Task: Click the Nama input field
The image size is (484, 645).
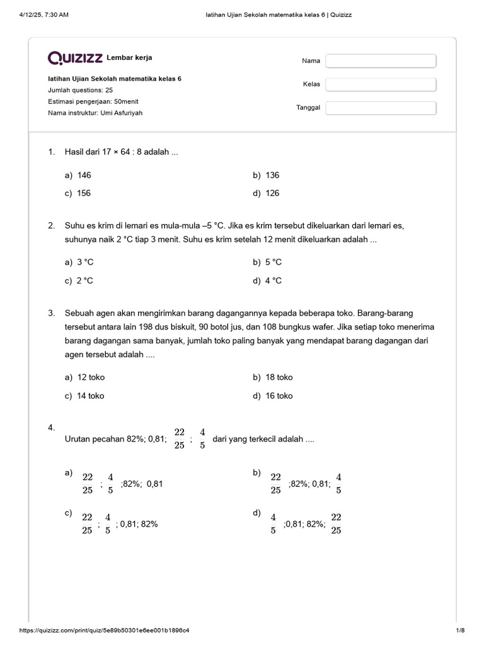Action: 381,60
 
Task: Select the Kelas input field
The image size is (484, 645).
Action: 381,84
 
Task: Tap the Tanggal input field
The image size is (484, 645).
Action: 381,108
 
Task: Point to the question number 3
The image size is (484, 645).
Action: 52,312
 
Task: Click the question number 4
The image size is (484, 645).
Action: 52,428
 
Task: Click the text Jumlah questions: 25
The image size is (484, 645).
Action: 80,90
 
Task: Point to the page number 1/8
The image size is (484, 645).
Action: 459,631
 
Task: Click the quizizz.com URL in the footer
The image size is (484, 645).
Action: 105,631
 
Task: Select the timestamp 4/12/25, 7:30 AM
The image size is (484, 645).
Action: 43,15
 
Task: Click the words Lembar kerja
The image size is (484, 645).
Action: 129,58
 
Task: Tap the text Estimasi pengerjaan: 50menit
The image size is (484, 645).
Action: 93,101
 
